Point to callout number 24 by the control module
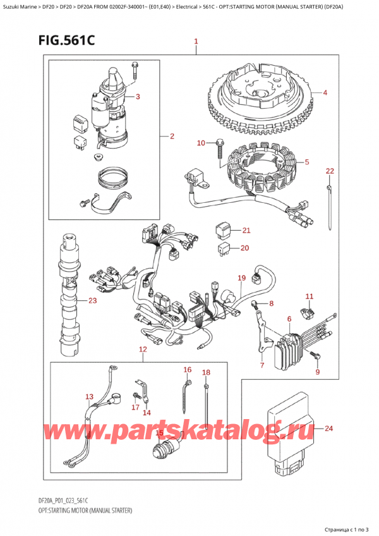[x=328, y=429]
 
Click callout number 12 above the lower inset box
[x=143, y=350]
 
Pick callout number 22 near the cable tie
[x=329, y=171]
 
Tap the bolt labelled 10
[x=219, y=146]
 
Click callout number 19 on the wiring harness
[x=241, y=277]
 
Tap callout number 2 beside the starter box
[x=172, y=137]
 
